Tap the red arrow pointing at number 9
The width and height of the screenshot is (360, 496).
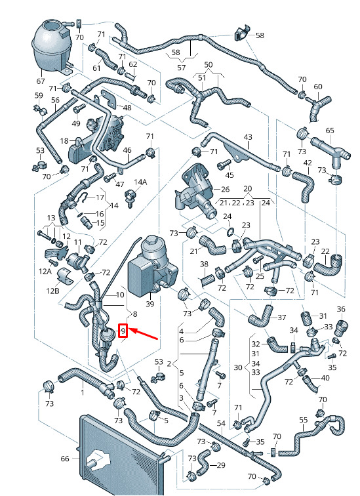coord(144,335)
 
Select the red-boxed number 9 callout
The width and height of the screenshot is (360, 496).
coord(123,331)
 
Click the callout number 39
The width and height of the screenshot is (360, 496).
coord(150,304)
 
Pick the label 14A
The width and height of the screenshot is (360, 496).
coord(140,182)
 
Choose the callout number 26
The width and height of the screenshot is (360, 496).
coord(225,190)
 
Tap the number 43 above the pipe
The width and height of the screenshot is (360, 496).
coord(248,137)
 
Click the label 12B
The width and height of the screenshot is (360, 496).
coord(52,290)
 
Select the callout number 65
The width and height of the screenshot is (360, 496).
coord(330,131)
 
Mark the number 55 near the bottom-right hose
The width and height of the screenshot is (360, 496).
coord(303,420)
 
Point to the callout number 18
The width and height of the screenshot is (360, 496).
coord(64,140)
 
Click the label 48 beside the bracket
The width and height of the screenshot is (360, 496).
coord(127,108)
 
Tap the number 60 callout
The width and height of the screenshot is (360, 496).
coord(318,87)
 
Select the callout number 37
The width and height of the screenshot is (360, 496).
coord(281,318)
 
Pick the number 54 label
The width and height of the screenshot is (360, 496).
coord(221,423)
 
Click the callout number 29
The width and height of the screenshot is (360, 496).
coord(221,465)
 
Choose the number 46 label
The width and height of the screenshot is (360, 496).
coord(127,150)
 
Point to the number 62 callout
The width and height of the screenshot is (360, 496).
coord(133,64)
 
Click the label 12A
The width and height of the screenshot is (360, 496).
coord(45,271)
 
